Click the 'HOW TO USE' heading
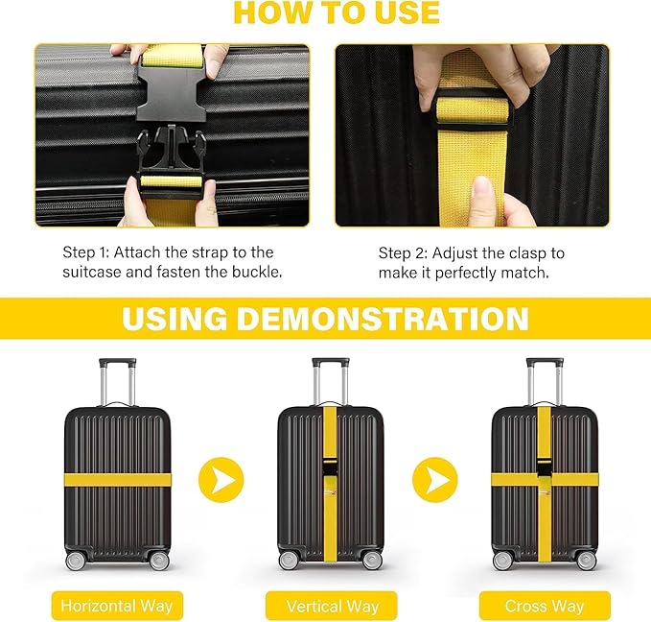(337, 12)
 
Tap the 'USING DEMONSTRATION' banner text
(325, 319)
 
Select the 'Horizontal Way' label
(117, 606)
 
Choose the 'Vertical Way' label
(332, 606)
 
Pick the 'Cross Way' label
(546, 606)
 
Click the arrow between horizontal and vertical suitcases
(221, 478)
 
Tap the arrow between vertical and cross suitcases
(436, 478)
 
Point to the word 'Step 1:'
(87, 252)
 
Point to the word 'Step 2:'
(403, 253)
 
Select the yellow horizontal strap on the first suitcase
(117, 478)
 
